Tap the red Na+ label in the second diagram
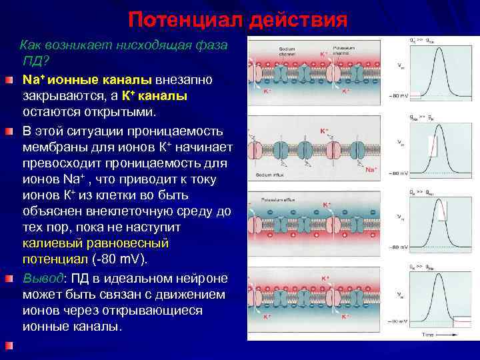[x=371, y=170]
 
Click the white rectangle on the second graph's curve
[x=433, y=146]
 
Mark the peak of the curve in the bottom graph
[x=437, y=271]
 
